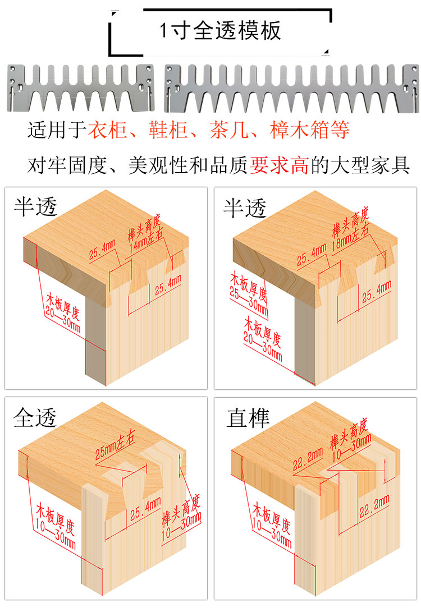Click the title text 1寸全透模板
220,30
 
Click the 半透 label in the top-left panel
35,207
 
